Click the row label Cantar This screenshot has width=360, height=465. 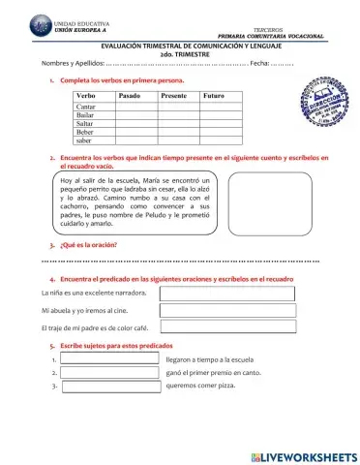click(x=84, y=108)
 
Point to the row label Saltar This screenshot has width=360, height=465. click(x=84, y=123)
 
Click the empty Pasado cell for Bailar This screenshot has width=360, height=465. click(x=135, y=115)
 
